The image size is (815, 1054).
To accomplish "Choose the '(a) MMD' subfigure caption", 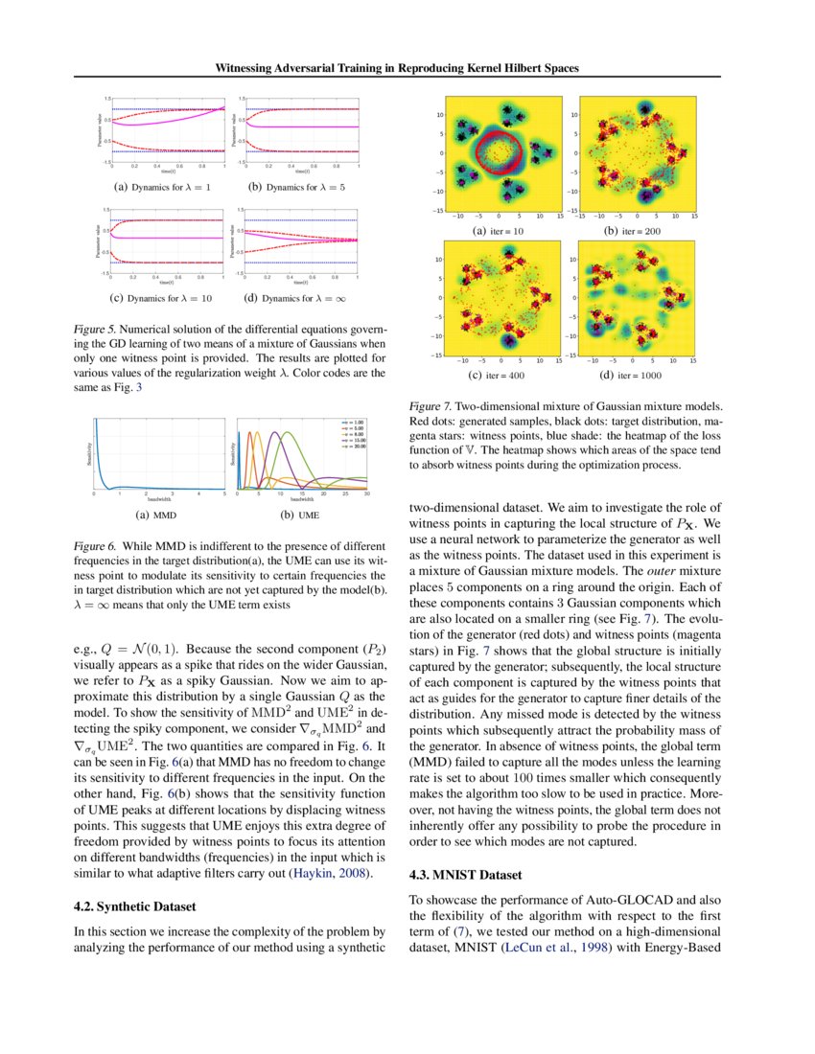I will point(158,515).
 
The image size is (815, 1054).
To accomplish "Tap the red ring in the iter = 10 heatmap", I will point(498,152).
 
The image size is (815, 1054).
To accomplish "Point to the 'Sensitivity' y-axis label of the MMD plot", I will point(88,453).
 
